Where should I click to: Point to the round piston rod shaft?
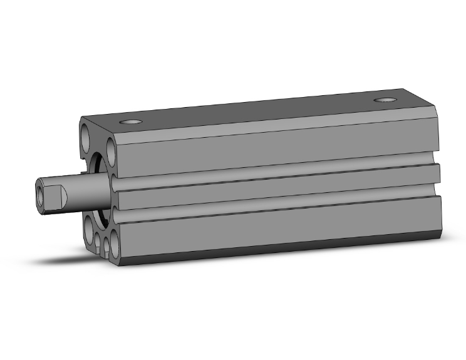tap(85, 190)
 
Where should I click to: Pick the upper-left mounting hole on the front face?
tap(86, 133)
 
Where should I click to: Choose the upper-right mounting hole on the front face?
tap(112, 150)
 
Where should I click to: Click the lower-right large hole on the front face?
tap(113, 241)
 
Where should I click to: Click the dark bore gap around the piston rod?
tap(95, 168)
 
